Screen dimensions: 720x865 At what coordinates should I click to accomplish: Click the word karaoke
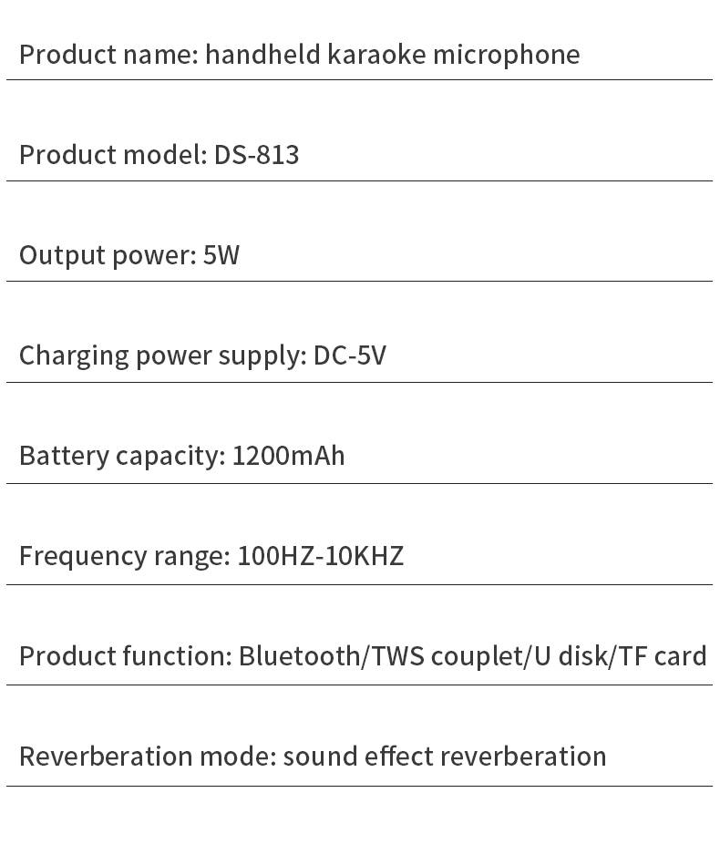click(376, 54)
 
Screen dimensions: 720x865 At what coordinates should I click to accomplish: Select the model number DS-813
click(256, 154)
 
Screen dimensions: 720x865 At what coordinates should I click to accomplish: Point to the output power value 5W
click(221, 255)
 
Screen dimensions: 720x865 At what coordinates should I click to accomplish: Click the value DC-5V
click(350, 355)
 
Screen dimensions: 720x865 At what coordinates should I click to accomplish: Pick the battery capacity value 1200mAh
click(289, 456)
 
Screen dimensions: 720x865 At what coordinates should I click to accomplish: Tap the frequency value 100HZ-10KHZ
click(321, 556)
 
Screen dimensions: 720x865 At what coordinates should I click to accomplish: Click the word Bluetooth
click(300, 656)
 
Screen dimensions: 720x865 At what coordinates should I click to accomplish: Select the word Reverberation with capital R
click(106, 757)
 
